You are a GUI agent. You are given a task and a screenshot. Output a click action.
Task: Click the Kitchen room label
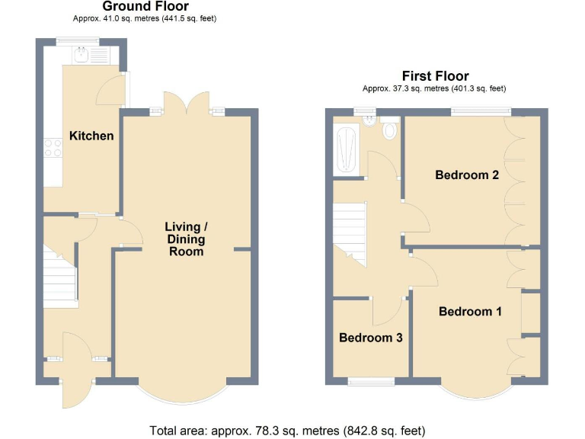click(91, 136)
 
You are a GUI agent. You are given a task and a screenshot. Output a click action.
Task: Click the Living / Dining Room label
click(186, 239)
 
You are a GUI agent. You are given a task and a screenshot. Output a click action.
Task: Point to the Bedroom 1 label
click(470, 311)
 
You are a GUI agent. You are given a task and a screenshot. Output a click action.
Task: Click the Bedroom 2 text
click(466, 175)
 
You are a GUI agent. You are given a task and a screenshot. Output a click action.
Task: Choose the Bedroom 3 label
click(370, 338)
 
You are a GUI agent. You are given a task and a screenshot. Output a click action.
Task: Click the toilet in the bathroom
click(391, 130)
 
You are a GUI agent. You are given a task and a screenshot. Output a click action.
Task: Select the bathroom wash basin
click(369, 120)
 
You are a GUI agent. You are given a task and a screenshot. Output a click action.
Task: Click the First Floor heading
click(435, 75)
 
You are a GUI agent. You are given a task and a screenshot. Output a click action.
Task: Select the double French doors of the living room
click(187, 104)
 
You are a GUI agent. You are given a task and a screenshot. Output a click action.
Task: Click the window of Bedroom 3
click(371, 380)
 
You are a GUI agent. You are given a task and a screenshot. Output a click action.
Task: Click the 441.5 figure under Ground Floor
click(172, 18)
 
